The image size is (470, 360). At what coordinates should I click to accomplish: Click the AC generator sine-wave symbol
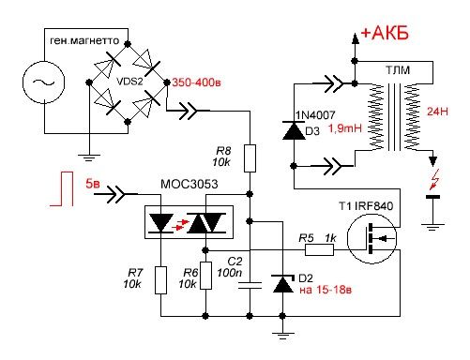tap(44, 82)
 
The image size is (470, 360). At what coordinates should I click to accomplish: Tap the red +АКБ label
tap(385, 33)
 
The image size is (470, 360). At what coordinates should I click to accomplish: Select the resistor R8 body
tap(250, 158)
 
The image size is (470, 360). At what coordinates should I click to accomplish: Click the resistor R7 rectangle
tap(160, 280)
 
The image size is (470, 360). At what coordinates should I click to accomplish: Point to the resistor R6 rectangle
tap(205, 276)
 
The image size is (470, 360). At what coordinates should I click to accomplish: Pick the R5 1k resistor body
tap(319, 250)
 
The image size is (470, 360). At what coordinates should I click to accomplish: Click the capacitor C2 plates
tap(250, 285)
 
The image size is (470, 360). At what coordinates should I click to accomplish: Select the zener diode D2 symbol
tap(283, 284)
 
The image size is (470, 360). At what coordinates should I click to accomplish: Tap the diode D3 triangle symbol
tap(294, 130)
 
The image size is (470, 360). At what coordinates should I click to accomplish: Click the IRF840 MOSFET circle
tap(371, 239)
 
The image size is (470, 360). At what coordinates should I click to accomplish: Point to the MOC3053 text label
tap(189, 184)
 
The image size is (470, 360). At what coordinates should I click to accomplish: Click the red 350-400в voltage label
tap(197, 82)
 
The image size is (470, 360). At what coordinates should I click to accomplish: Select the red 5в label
tap(93, 184)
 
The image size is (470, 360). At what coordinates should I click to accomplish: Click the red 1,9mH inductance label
tap(345, 128)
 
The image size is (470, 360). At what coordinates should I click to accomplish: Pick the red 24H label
tap(437, 112)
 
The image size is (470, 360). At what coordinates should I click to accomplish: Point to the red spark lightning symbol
tap(434, 180)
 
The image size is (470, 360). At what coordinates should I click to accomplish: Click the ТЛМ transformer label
tap(398, 70)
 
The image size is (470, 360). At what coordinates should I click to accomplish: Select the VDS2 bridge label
tap(129, 82)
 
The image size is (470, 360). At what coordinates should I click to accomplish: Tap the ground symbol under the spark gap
tap(432, 227)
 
